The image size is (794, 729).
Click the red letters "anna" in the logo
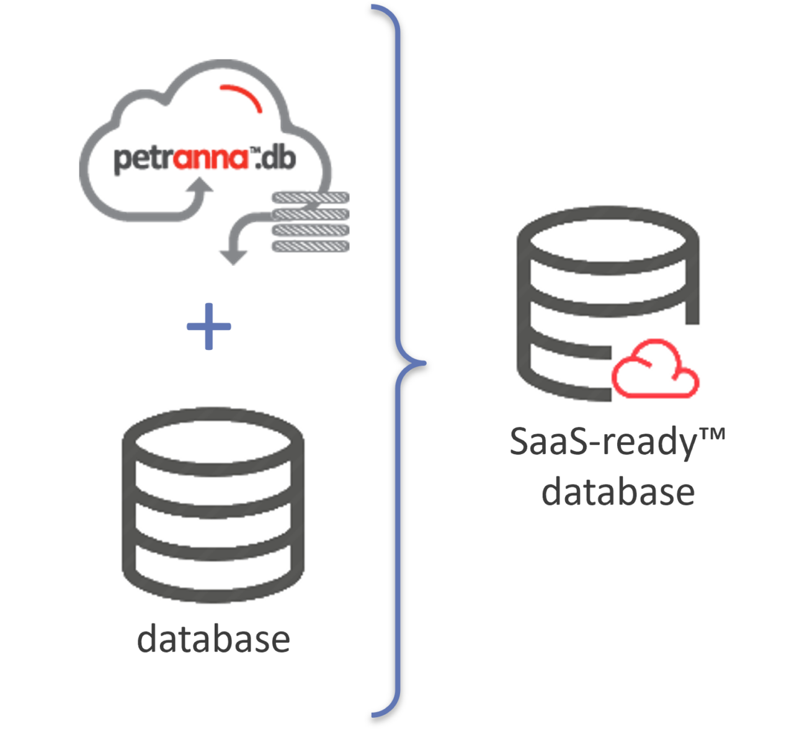pyautogui.click(x=211, y=159)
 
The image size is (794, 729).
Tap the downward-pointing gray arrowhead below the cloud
pyautogui.click(x=233, y=256)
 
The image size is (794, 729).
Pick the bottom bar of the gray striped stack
pyautogui.click(x=310, y=246)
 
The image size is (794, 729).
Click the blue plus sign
pyautogui.click(x=209, y=326)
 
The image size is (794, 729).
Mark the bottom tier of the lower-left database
pyautogui.click(x=213, y=580)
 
